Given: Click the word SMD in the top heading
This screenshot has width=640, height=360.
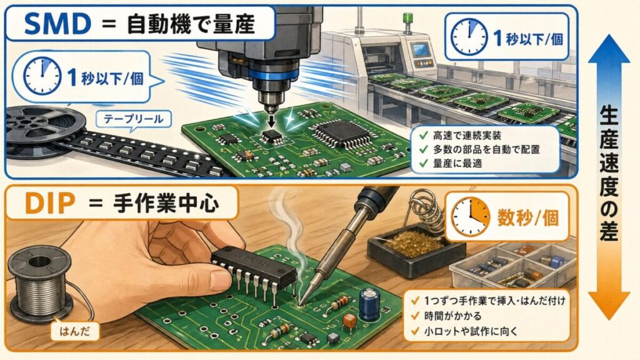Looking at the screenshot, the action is click(57, 23).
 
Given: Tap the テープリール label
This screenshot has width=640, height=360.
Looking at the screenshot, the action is click(134, 119).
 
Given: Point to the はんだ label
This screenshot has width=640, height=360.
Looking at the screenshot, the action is click(75, 330).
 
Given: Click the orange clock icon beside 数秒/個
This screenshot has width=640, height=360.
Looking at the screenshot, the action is click(470, 217).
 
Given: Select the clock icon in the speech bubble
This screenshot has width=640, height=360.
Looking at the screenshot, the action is click(42, 76).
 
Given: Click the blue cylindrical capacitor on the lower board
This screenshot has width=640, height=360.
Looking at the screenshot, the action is click(369, 304).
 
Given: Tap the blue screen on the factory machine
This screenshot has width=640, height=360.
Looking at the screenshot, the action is click(421, 50).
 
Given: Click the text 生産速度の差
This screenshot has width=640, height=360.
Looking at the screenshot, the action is click(609, 174).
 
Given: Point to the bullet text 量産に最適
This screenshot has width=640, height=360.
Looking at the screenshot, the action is click(457, 164).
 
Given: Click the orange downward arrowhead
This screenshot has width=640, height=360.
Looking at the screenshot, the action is click(609, 304).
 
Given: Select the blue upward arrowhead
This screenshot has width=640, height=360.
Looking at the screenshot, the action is click(609, 49).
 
